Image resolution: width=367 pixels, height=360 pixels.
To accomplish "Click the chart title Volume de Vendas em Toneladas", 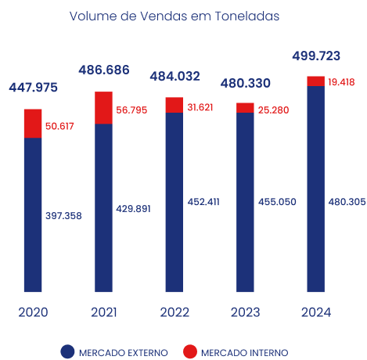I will point(173,16).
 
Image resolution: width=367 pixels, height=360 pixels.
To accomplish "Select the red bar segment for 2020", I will point(33,124).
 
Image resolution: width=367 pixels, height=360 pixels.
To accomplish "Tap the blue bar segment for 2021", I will point(103,207).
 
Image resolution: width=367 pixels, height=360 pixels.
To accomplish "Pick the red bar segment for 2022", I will point(174,105).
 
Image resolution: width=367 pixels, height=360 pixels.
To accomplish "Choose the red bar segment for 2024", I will point(315,81).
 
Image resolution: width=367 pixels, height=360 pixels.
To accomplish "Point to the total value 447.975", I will point(34,88).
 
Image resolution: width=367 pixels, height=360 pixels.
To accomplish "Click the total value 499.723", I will point(317,56).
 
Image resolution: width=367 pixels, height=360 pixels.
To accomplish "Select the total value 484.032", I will point(175,77).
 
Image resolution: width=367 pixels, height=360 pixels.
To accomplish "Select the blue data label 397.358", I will point(63,215).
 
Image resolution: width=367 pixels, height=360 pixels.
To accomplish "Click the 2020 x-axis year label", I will point(33,312).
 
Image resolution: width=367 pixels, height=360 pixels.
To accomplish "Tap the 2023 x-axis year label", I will point(245,312).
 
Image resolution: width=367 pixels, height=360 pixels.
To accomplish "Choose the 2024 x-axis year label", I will point(315,312).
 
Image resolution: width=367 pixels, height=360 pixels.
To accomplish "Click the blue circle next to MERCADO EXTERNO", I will point(68,351).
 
